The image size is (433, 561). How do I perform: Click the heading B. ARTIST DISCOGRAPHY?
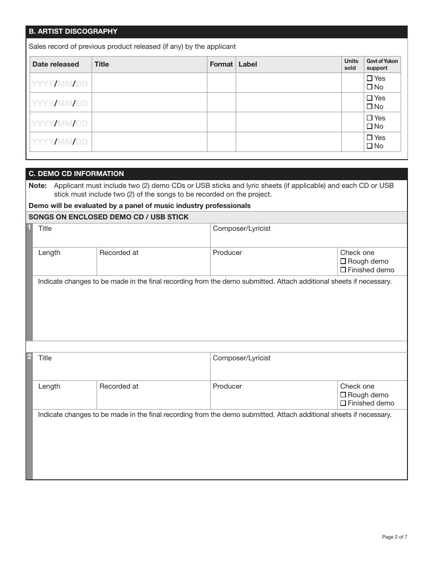pyautogui.click(x=73, y=31)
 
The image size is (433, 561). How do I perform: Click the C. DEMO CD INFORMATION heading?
pyautogui.click(x=76, y=174)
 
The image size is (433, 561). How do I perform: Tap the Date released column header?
pyautogui.click(x=56, y=64)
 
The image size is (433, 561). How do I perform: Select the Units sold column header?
pyautogui.click(x=351, y=64)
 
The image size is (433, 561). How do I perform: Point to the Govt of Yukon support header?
pyautogui.click(x=382, y=64)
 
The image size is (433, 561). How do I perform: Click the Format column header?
pyautogui.click(x=221, y=64)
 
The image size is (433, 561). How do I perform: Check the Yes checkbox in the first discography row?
pyautogui.click(x=370, y=78)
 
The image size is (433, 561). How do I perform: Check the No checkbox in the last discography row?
pyautogui.click(x=370, y=146)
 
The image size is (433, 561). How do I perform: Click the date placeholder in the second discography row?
pyautogui.click(x=60, y=103)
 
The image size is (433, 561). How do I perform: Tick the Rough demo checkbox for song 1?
pyautogui.click(x=343, y=261)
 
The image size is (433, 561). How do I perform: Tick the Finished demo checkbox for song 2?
pyautogui.click(x=343, y=404)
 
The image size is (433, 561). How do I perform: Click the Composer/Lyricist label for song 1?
pyautogui.click(x=242, y=229)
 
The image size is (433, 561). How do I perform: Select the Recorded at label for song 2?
pyautogui.click(x=119, y=386)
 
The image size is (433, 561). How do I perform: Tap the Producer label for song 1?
pyautogui.click(x=227, y=253)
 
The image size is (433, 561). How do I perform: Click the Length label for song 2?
pyautogui.click(x=49, y=386)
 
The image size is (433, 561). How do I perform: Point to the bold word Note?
pyautogui.click(x=38, y=186)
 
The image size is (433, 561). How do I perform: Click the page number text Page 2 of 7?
pyautogui.click(x=394, y=537)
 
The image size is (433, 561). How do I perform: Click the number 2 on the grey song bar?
pyautogui.click(x=29, y=357)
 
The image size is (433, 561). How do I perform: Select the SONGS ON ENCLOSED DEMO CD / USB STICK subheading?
pyautogui.click(x=108, y=217)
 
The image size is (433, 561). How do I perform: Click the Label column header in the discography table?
pyautogui.click(x=248, y=64)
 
